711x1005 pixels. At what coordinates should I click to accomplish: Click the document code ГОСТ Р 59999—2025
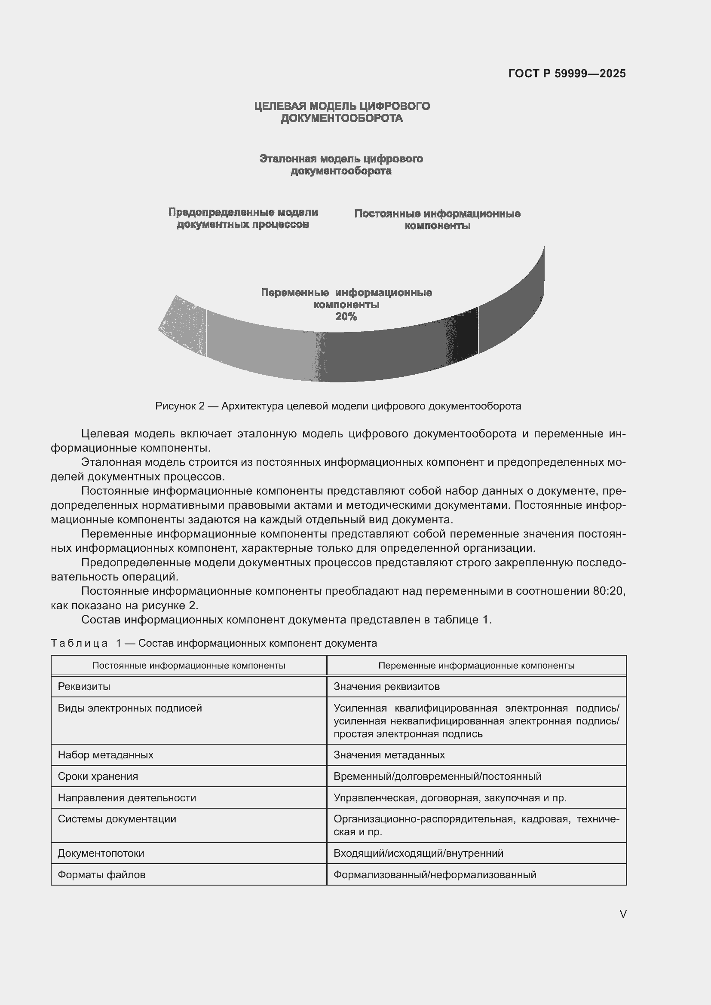pyautogui.click(x=567, y=73)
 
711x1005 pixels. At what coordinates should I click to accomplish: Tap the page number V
pyautogui.click(x=623, y=914)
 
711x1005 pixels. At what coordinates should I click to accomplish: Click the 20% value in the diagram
pyautogui.click(x=346, y=317)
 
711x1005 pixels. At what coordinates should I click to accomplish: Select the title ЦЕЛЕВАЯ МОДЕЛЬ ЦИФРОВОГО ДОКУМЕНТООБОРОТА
pyautogui.click(x=342, y=112)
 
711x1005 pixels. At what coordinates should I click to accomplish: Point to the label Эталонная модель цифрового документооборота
pyautogui.click(x=341, y=165)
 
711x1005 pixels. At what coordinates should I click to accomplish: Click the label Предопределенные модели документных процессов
pyautogui.click(x=243, y=218)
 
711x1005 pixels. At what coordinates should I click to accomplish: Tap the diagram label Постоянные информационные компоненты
pyautogui.click(x=437, y=220)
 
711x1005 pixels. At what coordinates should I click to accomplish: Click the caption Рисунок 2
pyautogui.click(x=180, y=406)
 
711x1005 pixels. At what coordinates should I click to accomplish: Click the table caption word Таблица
pyautogui.click(x=79, y=643)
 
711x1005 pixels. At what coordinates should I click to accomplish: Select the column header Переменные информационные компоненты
pyautogui.click(x=476, y=665)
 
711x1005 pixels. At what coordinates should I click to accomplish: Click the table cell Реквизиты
pyautogui.click(x=84, y=686)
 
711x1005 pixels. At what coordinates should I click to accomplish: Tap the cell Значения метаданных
pyautogui.click(x=389, y=755)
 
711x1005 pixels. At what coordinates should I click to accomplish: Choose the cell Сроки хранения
pyautogui.click(x=98, y=776)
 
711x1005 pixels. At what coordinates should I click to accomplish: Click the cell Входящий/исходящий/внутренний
pyautogui.click(x=418, y=853)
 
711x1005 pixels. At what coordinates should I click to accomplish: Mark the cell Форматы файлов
pyautogui.click(x=101, y=874)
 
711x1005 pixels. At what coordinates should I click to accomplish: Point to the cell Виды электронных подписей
pyautogui.click(x=129, y=708)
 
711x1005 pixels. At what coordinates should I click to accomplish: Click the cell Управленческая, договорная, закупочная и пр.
pyautogui.click(x=450, y=797)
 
